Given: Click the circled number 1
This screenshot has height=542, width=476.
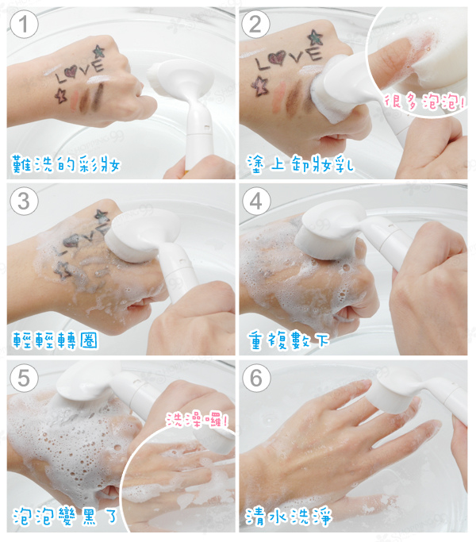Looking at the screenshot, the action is (x=24, y=24).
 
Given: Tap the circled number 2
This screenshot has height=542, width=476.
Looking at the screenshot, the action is (x=255, y=24).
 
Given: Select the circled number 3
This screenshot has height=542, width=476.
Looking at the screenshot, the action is (x=24, y=201).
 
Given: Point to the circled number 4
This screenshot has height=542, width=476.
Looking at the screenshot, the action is (x=255, y=201).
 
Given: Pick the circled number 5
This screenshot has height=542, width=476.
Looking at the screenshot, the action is (x=24, y=378).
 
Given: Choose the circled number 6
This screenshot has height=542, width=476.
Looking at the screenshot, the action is (x=255, y=378).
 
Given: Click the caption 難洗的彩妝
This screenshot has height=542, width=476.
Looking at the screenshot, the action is (x=66, y=163).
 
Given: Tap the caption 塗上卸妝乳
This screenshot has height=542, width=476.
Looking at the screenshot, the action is (x=301, y=163).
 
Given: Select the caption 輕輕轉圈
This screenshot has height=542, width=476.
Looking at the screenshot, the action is (x=55, y=340).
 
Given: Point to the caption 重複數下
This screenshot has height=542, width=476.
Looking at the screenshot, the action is (x=288, y=340).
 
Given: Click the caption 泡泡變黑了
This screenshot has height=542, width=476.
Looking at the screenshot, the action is (x=65, y=516).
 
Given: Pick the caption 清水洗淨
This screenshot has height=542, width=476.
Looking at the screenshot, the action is (x=289, y=516).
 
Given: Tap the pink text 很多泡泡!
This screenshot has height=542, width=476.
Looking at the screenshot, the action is (x=424, y=102).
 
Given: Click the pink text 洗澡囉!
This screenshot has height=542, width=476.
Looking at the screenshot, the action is (x=197, y=420).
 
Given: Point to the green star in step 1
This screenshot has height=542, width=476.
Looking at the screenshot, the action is (x=99, y=51).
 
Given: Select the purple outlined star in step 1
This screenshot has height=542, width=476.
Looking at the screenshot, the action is (x=61, y=95).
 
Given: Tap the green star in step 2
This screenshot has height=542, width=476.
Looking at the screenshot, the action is (x=315, y=37).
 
